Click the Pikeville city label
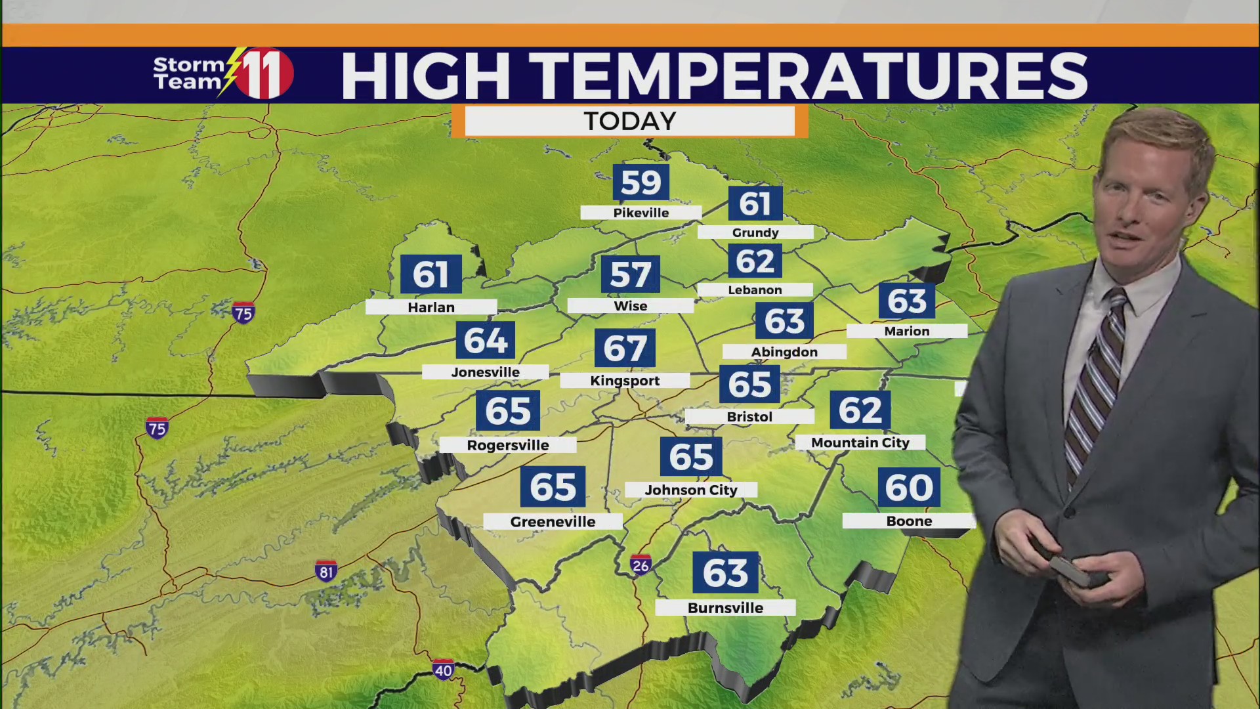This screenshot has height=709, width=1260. click(x=641, y=213)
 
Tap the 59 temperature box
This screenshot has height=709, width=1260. click(x=641, y=183)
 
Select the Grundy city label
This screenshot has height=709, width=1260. click(x=755, y=232)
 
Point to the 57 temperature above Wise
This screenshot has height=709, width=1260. click(x=631, y=274)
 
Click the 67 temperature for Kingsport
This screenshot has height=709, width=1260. click(x=625, y=349)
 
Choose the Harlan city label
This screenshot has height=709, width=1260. click(x=431, y=307)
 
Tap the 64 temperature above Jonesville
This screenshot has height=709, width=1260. click(x=486, y=341)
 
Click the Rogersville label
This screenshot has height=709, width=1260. click(x=508, y=445)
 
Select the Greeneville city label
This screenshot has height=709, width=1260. click(x=553, y=522)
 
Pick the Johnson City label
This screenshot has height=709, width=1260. click(x=691, y=490)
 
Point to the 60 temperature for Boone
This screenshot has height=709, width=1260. click(x=909, y=488)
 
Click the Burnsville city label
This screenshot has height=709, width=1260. click(x=725, y=608)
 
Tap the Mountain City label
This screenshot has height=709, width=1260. click(x=860, y=442)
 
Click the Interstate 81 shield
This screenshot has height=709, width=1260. click(x=326, y=571)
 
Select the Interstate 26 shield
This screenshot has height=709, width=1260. click(x=640, y=565)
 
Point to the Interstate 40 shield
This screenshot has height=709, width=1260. click(x=443, y=670)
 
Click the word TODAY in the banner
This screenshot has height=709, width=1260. click(x=630, y=121)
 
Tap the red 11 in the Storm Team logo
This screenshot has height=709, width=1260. click(x=264, y=74)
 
